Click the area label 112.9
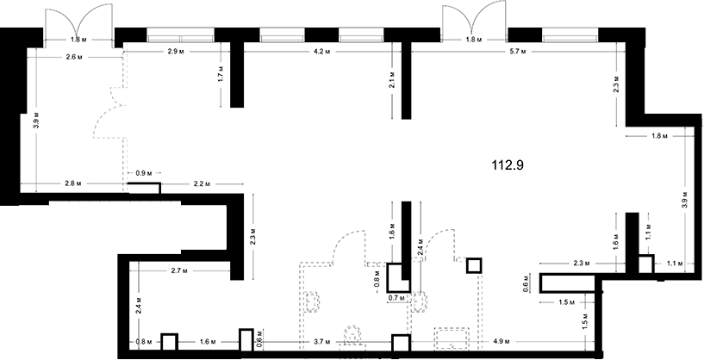[x=508, y=165]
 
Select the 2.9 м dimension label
[x=176, y=52]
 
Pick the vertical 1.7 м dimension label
[x=221, y=75]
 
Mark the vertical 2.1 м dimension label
[x=392, y=79]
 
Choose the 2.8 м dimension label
[x=72, y=183]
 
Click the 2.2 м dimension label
[x=202, y=183]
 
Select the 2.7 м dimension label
[x=178, y=270]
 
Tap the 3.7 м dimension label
[x=322, y=342]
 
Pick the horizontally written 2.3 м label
[x=583, y=263]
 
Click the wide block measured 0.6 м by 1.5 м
[x=568, y=283]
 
